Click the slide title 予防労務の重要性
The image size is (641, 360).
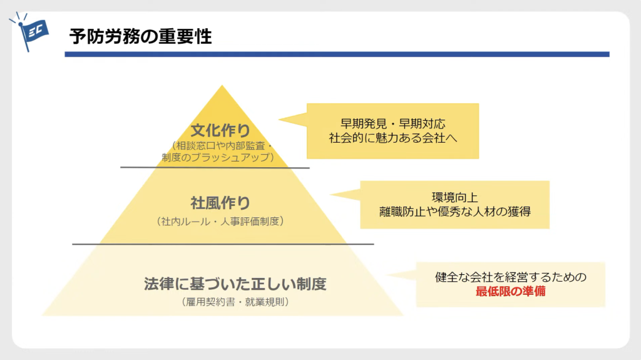click(141, 36)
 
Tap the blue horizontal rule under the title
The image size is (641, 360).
click(337, 54)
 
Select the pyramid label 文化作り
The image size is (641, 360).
click(220, 130)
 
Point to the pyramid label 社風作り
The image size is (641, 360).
click(220, 203)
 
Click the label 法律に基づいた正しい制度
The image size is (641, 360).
click(235, 284)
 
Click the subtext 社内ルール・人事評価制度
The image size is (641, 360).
click(220, 221)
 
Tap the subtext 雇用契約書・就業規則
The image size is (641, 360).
click(235, 302)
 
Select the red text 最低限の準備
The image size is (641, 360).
click(511, 291)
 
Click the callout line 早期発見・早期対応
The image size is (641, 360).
click(393, 123)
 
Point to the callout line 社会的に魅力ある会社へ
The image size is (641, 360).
click(393, 138)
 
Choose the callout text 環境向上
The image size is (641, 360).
click(454, 198)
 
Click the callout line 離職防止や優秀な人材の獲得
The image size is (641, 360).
click(454, 212)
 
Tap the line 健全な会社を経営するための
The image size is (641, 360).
click(511, 277)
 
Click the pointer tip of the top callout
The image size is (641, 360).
click(279, 120)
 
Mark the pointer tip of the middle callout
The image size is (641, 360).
click(330, 194)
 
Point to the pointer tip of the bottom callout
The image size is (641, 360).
click(387, 275)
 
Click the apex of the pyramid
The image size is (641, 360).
click(222, 85)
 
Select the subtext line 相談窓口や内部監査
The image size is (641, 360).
click(221, 146)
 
